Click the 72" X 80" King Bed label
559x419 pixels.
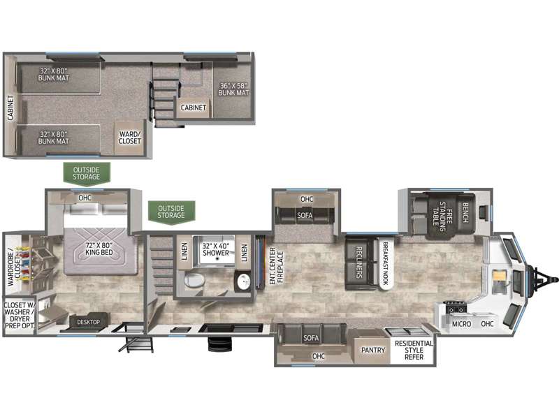[x=99, y=249]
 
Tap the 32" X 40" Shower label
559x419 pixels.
[x=216, y=249]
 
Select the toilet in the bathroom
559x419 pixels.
[x=195, y=280]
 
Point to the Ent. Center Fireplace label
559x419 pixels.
[x=276, y=266]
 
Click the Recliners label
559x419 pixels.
[x=359, y=263]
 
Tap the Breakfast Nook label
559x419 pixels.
[x=385, y=263]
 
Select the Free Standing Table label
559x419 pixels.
[x=440, y=214]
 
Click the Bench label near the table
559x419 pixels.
[x=465, y=212]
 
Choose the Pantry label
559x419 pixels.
[x=373, y=351]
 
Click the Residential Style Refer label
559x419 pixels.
[x=414, y=350]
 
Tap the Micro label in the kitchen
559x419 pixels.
[x=461, y=324]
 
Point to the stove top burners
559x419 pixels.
[x=456, y=307]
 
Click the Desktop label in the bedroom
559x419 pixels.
[x=89, y=322]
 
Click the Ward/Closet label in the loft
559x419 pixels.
[x=130, y=138]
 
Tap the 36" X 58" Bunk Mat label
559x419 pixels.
[x=233, y=89]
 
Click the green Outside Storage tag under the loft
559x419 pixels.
[x=86, y=174]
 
